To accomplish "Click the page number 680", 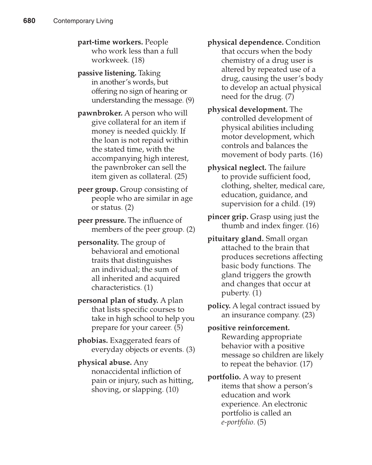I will [29, 21].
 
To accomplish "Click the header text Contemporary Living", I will [83, 21].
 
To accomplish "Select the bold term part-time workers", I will [110, 42].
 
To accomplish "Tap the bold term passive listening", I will [107, 73].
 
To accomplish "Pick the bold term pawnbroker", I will [100, 113].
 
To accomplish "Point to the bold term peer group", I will [97, 189].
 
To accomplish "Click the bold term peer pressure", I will [102, 220].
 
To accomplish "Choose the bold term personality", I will [98, 242].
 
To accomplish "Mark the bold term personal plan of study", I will [118, 301].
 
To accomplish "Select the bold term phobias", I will [92, 341].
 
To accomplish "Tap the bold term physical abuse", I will [104, 363].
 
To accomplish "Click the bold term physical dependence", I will [245, 42].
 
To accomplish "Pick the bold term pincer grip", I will [228, 217].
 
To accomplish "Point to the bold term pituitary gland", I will [235, 239].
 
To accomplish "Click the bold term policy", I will [219, 306].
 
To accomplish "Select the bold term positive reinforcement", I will [248, 328].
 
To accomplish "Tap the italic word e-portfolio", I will [238, 422].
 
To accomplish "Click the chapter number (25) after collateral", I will [181, 177].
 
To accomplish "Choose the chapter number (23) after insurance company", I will [308, 315].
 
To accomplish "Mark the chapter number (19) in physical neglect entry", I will [309, 204].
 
